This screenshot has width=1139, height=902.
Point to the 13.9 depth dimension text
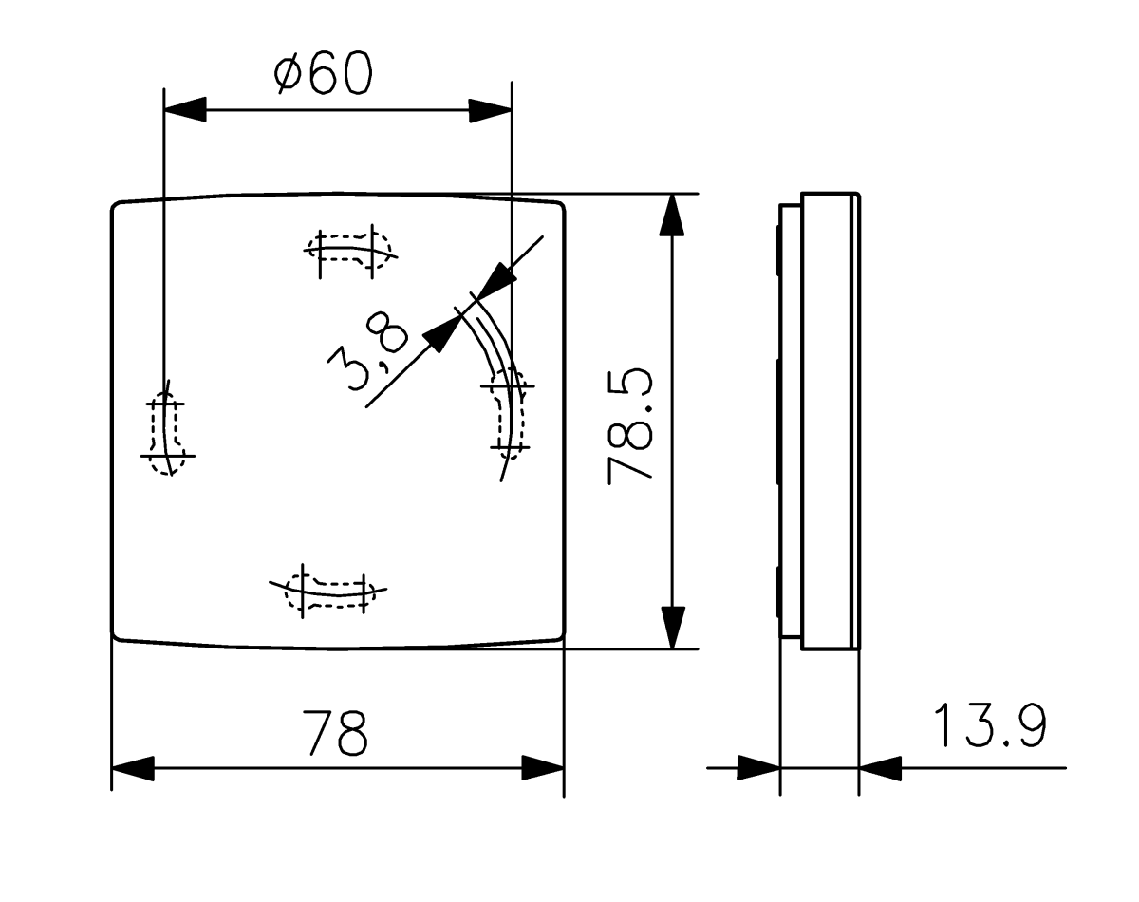(x=990, y=727)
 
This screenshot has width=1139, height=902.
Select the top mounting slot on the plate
(x=350, y=252)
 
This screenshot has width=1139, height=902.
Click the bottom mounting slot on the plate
(x=328, y=590)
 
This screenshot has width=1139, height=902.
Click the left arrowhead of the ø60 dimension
(x=185, y=109)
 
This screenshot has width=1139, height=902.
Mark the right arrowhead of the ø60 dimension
(x=491, y=109)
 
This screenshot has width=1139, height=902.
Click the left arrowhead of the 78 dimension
(x=133, y=768)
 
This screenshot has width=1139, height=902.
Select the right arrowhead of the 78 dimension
(x=543, y=768)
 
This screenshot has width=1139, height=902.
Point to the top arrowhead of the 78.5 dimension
(x=672, y=216)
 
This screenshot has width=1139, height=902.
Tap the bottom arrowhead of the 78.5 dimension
(x=672, y=628)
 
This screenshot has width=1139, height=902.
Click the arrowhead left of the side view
(x=758, y=768)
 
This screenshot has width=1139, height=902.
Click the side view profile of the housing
(x=821, y=422)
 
